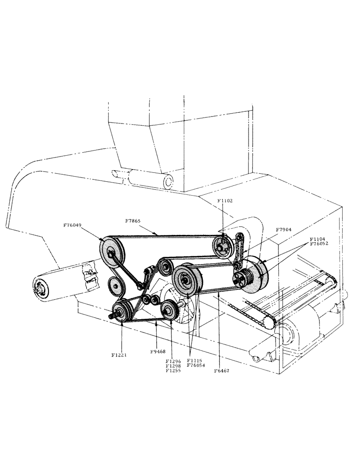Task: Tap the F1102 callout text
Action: click(225, 201)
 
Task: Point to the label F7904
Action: click(284, 230)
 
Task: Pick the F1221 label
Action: click(120, 355)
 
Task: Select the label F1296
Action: click(173, 361)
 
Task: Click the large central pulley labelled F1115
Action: click(187, 280)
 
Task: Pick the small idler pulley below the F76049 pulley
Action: click(114, 285)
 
